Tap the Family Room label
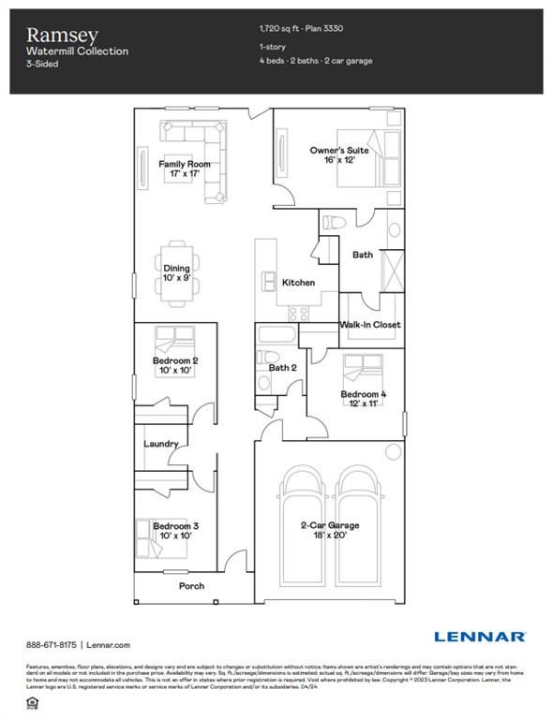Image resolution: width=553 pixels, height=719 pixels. point(184,169)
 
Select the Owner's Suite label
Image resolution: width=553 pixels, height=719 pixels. point(339,154)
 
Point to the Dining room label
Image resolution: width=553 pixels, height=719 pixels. point(177,273)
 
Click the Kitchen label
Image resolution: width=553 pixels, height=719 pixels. point(299,282)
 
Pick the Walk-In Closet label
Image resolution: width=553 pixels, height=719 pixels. point(370,325)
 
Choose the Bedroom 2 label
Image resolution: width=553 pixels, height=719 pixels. point(175,365)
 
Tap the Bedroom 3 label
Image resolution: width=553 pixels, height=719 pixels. point(175,531)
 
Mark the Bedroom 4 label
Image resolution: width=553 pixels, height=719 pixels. point(364,400)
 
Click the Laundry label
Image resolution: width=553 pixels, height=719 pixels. point(160,444)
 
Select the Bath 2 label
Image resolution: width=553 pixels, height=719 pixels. point(282,368)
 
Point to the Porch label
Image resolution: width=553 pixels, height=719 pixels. point(192,586)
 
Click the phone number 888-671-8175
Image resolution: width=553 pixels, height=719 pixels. point(52,645)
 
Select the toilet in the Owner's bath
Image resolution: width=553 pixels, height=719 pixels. point(335,222)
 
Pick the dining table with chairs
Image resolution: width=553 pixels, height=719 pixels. point(177,273)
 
